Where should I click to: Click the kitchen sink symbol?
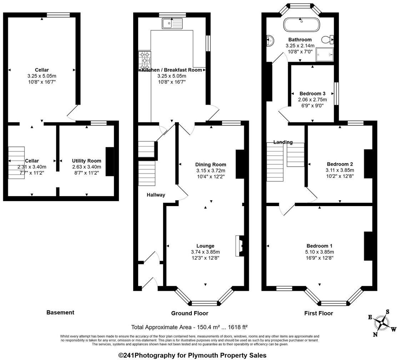(x=172, y=24)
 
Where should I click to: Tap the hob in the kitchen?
(x=145, y=61)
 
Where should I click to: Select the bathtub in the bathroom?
(x=302, y=25)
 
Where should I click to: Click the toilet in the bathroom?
(x=328, y=39)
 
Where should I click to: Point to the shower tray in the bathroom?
(x=325, y=55)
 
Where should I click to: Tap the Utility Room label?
(x=87, y=161)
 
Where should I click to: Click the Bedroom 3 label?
(x=312, y=94)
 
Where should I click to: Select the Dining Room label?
(x=211, y=164)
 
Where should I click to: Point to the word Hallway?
(x=156, y=195)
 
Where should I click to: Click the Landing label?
(x=283, y=142)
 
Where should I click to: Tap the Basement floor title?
(x=60, y=312)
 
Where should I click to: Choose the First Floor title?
(x=318, y=313)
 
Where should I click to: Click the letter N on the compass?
(x=375, y=335)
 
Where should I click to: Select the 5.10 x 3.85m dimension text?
(x=320, y=252)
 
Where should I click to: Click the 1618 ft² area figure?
(x=238, y=327)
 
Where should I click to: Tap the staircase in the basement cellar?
(x=16, y=162)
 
